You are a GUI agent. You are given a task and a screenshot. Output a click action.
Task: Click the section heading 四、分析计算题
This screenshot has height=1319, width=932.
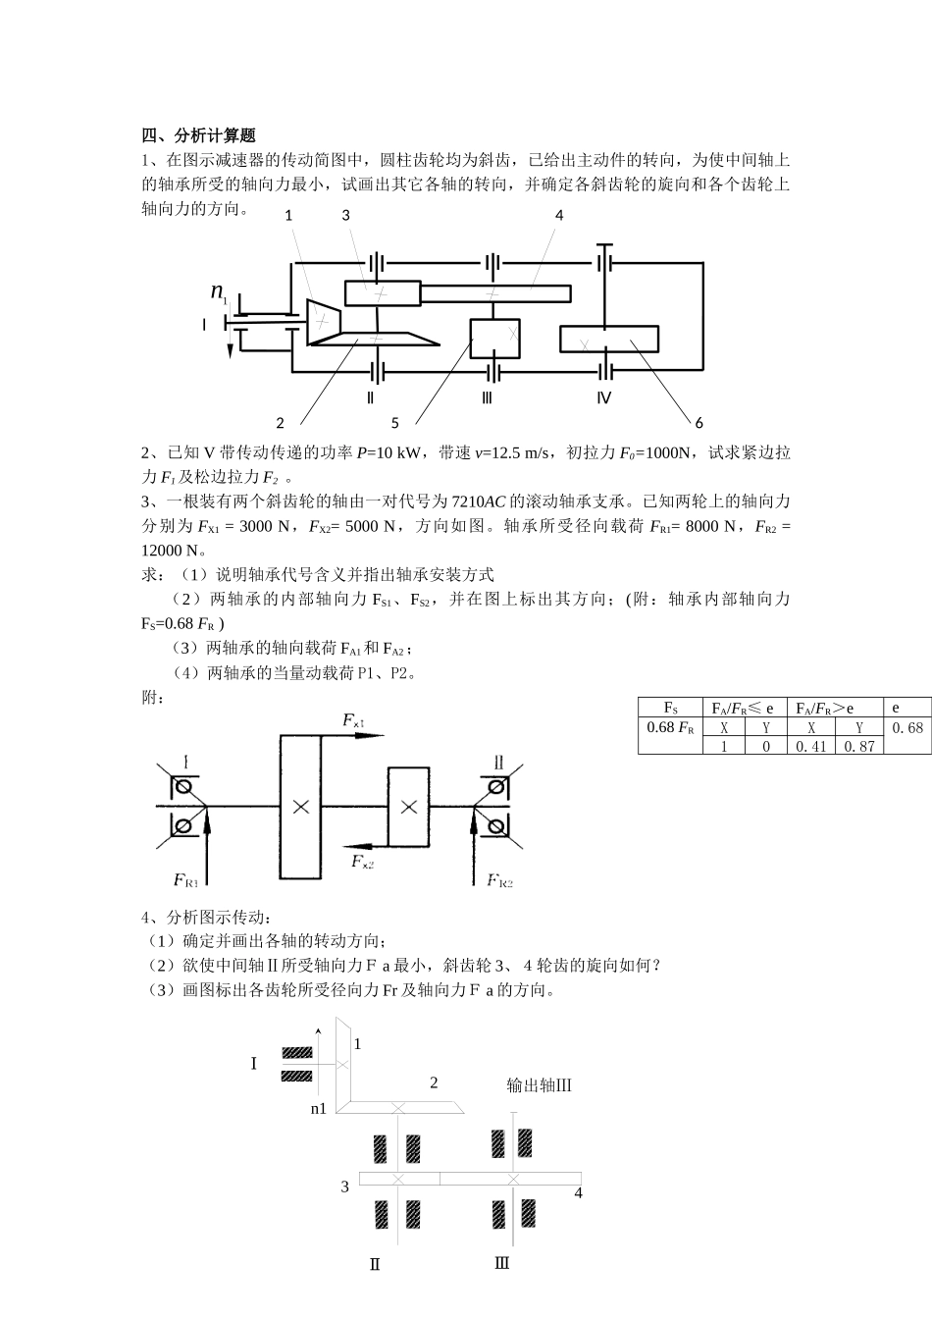pos(199,135)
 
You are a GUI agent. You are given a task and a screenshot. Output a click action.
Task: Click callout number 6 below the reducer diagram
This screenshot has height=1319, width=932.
pos(699,423)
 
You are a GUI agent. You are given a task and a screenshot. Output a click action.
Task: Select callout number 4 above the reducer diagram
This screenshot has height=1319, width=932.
pos(559,215)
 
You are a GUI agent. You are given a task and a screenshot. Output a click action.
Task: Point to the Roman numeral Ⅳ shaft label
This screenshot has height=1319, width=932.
pos(603,397)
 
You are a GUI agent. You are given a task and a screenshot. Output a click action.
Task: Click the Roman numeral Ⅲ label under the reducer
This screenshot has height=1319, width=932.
pos(487,397)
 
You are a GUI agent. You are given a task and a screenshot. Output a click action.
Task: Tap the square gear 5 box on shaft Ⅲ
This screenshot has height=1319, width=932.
pos(494,339)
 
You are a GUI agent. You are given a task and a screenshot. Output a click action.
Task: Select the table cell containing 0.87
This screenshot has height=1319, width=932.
pos(859,746)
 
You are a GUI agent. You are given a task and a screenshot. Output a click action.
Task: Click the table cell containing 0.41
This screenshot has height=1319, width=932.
pos(811,746)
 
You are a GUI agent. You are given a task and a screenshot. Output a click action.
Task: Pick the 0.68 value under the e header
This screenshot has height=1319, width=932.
pos(907,728)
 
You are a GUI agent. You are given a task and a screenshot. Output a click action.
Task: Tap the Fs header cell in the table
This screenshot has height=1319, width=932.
pos(670,708)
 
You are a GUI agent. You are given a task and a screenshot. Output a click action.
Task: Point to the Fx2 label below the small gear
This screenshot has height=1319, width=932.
pos(363,862)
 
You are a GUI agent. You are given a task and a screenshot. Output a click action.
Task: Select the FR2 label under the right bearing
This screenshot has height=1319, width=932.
pos(500,879)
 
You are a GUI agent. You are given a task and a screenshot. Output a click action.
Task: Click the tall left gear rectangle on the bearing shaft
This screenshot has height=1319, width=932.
pos(300,806)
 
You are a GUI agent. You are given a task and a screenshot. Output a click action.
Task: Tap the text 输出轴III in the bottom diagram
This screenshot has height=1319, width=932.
pos(539,1084)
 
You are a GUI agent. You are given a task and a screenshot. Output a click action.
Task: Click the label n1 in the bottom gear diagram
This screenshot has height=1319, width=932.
pos(319,1108)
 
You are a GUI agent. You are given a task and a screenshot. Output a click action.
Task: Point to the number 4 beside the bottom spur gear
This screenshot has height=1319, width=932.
pos(578,1193)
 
